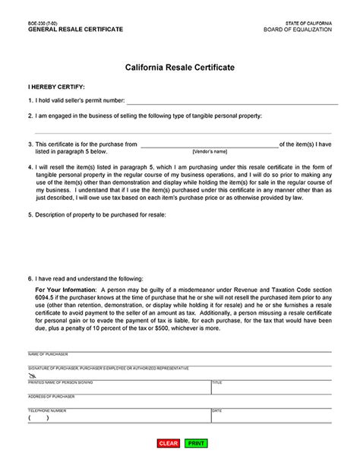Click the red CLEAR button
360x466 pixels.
168,443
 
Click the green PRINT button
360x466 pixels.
195,443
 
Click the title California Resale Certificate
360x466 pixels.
180,68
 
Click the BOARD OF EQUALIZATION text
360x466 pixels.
298,30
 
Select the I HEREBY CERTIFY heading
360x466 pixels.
56,87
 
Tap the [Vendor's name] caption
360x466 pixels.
210,152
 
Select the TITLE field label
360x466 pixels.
217,382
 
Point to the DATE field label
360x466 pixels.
217,411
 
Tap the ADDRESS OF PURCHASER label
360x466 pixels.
51,397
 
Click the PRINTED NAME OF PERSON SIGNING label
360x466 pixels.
60,382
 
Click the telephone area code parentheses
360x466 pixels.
39,418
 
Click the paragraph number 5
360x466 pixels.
30,215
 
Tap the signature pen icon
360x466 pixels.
32,376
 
